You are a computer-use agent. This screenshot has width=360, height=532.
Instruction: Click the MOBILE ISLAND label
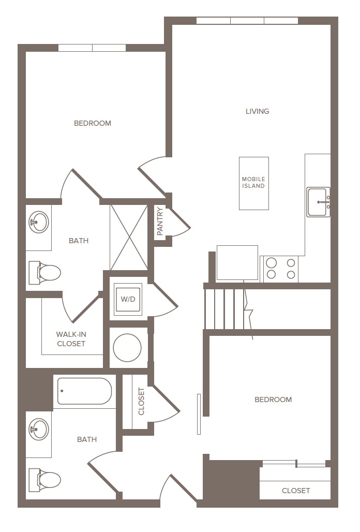pos(253,183)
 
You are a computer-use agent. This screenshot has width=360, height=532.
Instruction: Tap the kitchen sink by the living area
pos(318,202)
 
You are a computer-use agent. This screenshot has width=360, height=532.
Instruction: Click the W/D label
pos(128,299)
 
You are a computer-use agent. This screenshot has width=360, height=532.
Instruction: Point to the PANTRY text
pos(160,221)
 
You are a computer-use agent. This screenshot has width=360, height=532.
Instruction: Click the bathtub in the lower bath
pos(84,391)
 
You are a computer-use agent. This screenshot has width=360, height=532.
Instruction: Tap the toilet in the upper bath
pos(44,272)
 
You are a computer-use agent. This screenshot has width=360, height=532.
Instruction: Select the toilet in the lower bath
pos(44,480)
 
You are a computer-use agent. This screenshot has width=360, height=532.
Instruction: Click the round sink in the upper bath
pos(38,222)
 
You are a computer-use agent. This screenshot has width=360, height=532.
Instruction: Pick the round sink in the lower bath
pos(38,429)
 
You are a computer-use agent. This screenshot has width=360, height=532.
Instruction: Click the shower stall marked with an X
pos(129,238)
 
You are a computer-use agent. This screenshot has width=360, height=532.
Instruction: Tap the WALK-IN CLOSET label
pos(71,339)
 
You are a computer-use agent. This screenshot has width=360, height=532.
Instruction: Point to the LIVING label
pos(257,111)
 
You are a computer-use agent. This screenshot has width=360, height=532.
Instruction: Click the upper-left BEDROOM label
pos(93,123)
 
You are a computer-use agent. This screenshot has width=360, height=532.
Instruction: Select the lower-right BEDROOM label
pos(273,400)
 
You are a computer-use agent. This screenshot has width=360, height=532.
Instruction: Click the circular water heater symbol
pos(127,347)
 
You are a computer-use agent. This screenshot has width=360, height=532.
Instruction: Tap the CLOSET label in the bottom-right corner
pos(296,491)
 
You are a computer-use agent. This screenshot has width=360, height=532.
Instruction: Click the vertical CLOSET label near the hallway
pos(141,402)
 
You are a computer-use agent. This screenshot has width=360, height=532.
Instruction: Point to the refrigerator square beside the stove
pos(237,263)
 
